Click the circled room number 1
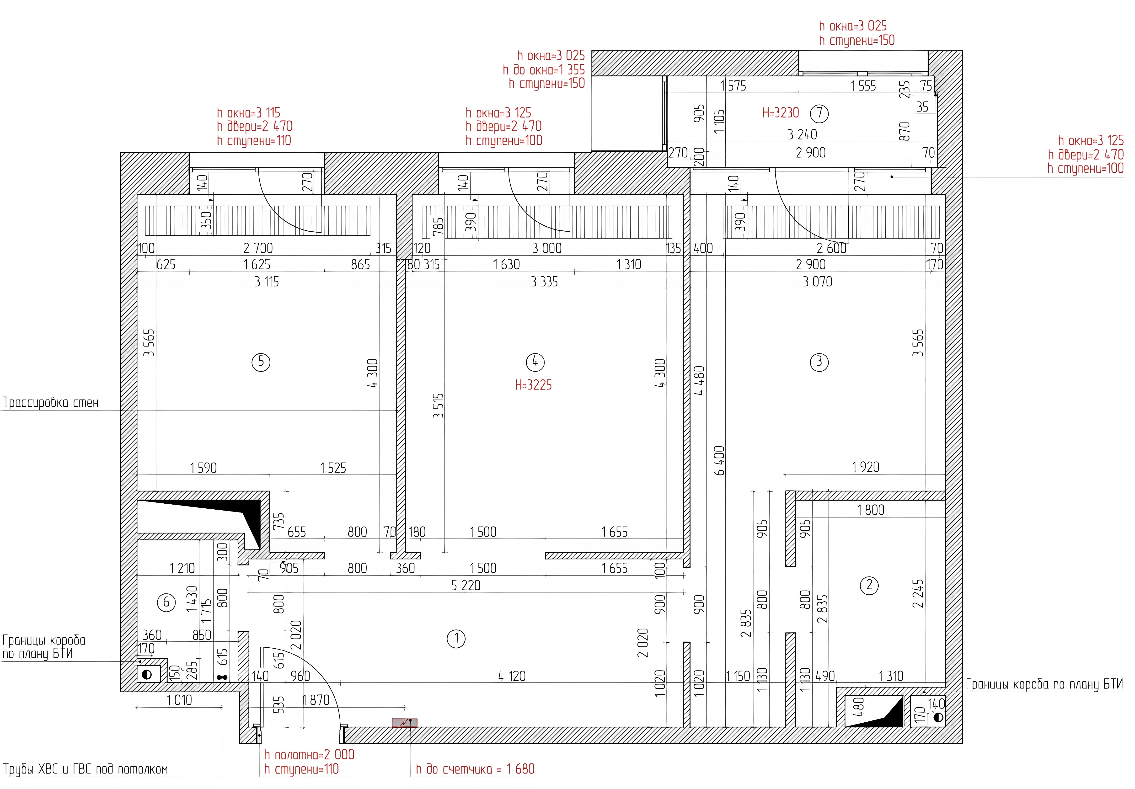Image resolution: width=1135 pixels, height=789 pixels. [x=456, y=639]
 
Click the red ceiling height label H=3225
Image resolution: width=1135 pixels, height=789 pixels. [x=533, y=385]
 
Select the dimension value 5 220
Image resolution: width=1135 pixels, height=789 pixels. [x=466, y=585]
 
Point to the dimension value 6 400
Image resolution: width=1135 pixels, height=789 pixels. [x=719, y=461]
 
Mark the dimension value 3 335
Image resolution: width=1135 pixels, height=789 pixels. [x=544, y=282]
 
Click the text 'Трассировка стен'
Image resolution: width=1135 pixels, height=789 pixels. [x=51, y=402]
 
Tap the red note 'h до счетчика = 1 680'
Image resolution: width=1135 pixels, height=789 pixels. [x=475, y=769]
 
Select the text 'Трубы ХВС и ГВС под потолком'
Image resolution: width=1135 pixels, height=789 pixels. [x=86, y=769]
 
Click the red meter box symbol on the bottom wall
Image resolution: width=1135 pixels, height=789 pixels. [x=404, y=723]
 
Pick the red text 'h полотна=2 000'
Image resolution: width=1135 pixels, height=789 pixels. [x=309, y=754]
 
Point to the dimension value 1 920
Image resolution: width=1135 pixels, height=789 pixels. [x=865, y=467]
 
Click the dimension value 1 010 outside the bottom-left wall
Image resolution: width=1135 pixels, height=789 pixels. [x=179, y=700]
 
